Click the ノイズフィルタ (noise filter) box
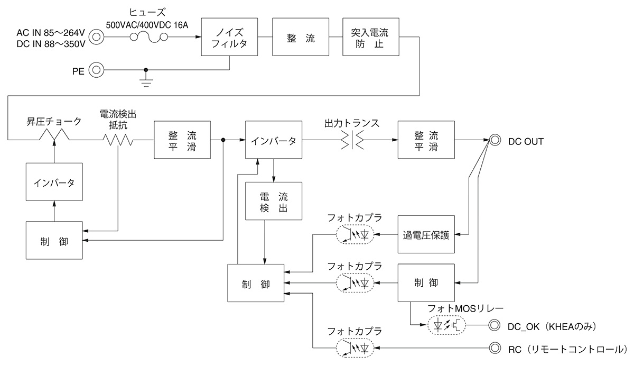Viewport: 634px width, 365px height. (229, 37)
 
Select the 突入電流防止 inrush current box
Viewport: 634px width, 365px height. (370, 37)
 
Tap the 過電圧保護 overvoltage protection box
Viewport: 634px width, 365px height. (426, 235)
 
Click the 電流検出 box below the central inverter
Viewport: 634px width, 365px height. (274, 201)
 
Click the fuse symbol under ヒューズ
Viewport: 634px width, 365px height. (149, 37)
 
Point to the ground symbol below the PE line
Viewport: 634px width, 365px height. (146, 80)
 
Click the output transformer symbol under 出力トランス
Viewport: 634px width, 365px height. (351, 140)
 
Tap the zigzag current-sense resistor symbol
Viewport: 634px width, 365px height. (117, 140)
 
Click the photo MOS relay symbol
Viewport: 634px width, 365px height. (445, 325)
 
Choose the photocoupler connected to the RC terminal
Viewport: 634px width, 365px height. (354, 348)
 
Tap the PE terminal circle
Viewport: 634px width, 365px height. (96, 70)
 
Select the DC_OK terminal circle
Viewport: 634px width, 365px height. (495, 325)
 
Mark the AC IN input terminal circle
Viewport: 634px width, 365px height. (96, 37)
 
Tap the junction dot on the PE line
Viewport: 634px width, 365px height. (146, 70)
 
